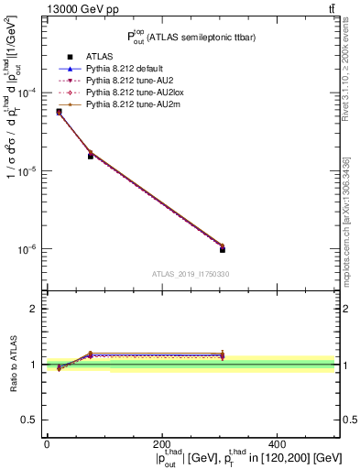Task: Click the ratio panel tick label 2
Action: pyautogui.click(x=35, y=309)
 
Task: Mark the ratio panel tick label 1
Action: pyautogui.click(x=35, y=365)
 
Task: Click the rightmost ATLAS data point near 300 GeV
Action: pyautogui.click(x=223, y=249)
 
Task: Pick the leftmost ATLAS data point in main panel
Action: pyautogui.click(x=59, y=112)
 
